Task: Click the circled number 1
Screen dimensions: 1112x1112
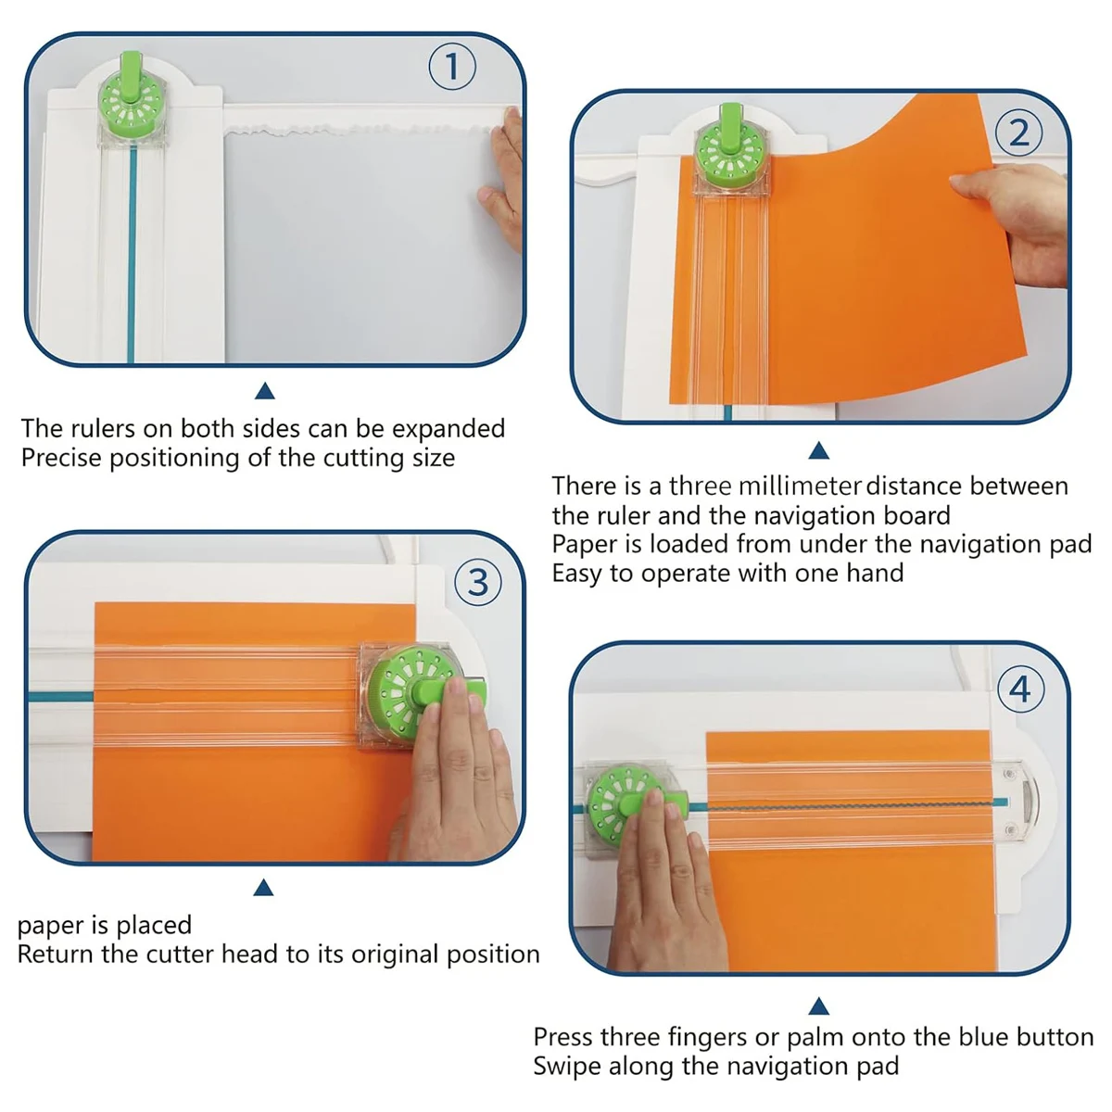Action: [x=452, y=68]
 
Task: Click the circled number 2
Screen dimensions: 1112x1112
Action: [x=1018, y=133]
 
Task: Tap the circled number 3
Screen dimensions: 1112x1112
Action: [x=478, y=582]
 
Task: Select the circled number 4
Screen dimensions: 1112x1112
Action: [x=1019, y=689]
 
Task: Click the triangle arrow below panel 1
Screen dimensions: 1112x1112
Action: [x=264, y=391]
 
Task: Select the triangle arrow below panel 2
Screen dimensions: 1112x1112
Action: [x=818, y=451]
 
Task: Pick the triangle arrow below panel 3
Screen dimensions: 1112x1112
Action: [x=263, y=889]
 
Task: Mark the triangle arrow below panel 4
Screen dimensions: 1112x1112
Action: [x=818, y=1006]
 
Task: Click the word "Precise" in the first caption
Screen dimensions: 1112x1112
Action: [x=61, y=458]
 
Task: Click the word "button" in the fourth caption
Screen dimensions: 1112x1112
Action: [x=1055, y=1037]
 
